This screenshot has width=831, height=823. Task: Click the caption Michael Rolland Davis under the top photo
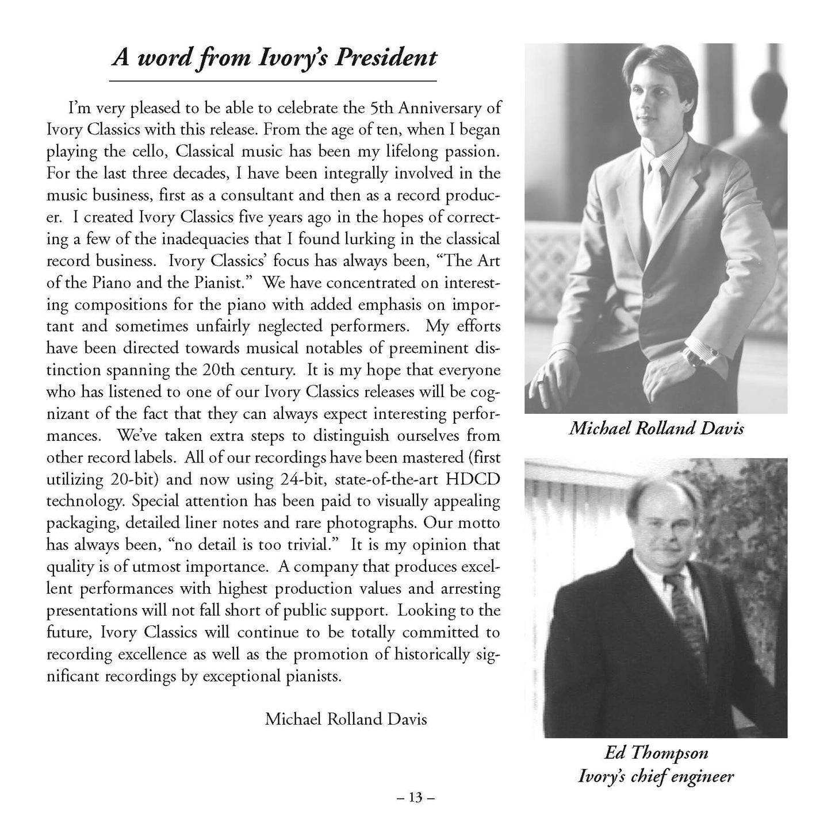coord(656,428)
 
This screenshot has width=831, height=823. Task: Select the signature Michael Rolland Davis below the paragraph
coord(346,718)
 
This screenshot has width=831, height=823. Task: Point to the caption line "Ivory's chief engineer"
coord(656,777)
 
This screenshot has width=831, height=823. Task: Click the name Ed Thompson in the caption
coord(656,753)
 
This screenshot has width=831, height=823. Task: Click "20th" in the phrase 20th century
coord(224,370)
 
